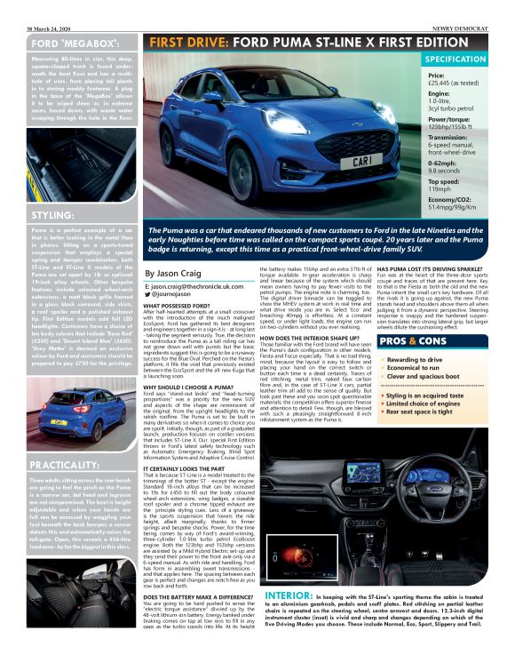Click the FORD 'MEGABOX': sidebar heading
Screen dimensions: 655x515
70,44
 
